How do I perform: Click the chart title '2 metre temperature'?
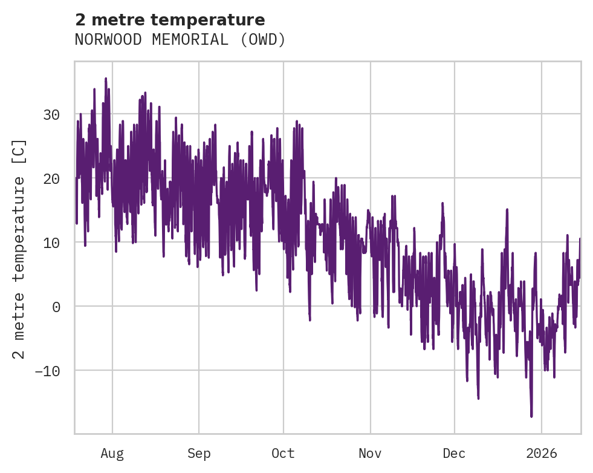point(170,20)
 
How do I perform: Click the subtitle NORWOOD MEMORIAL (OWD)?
point(180,40)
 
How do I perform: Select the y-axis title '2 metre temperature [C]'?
point(19,249)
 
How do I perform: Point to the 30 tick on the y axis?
point(51,114)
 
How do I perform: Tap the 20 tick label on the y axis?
point(51,178)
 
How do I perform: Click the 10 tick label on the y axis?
point(51,243)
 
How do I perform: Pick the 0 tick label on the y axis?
point(56,307)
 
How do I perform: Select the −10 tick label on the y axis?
point(47,371)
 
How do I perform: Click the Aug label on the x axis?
point(112,454)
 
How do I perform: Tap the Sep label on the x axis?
point(198,454)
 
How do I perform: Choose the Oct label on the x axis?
point(283,454)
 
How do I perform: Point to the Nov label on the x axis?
point(370,454)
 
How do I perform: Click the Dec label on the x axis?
point(454,454)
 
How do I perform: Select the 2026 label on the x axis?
point(542,454)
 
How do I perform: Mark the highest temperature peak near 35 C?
point(106,79)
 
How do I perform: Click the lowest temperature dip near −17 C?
point(531,416)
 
